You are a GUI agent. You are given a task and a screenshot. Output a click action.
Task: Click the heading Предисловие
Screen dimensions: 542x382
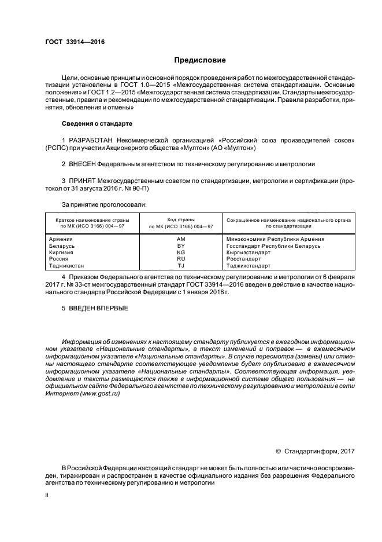coord(200,60)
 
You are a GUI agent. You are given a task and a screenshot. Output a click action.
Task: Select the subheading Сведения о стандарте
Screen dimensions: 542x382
coord(97,124)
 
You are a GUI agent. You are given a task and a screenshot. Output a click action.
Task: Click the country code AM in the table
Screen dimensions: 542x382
coord(180,239)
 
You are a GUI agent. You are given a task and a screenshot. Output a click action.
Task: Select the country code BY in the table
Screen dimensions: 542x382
coord(180,246)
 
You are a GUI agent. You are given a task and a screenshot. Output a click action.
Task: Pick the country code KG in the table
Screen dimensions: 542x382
coord(180,252)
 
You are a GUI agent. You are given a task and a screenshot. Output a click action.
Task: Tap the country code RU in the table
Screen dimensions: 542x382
coord(180,259)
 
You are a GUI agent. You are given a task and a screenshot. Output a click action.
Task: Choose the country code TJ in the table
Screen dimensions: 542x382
coord(180,266)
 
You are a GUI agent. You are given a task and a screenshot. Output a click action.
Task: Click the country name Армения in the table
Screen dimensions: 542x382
coord(61,239)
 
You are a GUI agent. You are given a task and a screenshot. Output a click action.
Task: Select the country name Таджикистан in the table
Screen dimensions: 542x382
coord(67,266)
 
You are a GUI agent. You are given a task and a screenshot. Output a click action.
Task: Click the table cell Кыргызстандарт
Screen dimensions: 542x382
coord(249,252)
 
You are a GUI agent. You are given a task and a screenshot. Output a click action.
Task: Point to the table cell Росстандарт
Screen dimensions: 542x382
coord(243,259)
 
